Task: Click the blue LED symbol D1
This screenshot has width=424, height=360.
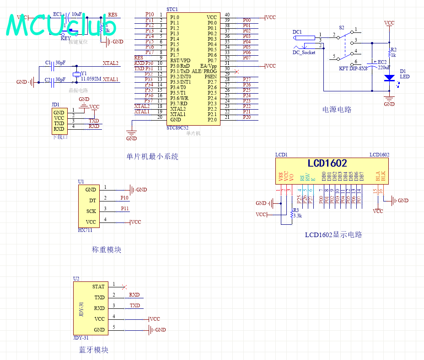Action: [389, 78]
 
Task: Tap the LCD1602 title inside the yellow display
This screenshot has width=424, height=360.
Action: [327, 164]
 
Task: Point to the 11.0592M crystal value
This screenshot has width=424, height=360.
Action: [91, 79]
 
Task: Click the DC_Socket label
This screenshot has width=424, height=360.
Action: [304, 53]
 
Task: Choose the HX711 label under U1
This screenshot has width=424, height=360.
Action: [85, 230]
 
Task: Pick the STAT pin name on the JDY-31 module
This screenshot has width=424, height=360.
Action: [98, 287]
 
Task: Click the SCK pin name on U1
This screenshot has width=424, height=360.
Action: [91, 212]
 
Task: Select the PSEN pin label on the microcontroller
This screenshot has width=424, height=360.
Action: [210, 77]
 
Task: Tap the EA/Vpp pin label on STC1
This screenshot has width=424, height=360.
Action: [209, 66]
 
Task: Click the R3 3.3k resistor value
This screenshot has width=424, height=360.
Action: [297, 215]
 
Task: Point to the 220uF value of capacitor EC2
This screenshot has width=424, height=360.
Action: [383, 67]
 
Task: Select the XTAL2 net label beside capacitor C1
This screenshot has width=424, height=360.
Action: [110, 63]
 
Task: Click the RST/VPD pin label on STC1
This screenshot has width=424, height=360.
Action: [180, 60]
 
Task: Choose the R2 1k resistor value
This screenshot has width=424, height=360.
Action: [393, 55]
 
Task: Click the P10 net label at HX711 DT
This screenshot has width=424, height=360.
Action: [124, 198]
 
